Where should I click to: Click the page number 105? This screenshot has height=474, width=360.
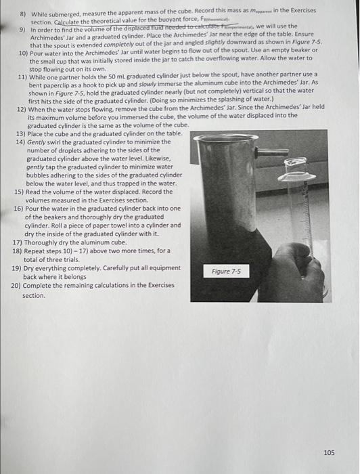tap(330, 452)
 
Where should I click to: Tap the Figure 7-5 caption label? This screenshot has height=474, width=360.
tap(226, 272)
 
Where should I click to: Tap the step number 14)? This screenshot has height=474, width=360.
tap(20, 142)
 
